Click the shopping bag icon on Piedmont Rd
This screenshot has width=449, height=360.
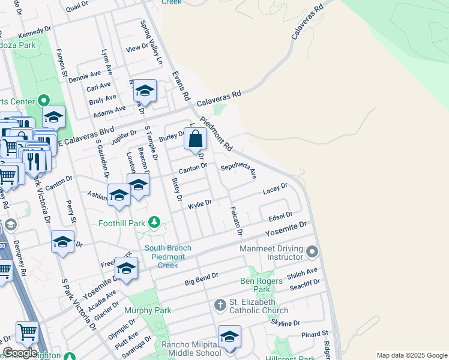[x=196, y=139]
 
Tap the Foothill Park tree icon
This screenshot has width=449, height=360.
[x=154, y=223]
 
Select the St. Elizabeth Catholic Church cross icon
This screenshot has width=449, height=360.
[x=220, y=306]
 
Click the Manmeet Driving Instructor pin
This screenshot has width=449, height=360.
[x=312, y=252]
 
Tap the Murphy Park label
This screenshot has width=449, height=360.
[x=148, y=310]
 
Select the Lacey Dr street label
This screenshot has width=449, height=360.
[x=276, y=190]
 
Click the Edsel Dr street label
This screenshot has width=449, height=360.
[x=280, y=215]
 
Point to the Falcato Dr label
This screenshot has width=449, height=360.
[x=235, y=220]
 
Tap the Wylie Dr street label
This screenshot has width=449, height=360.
[x=200, y=203]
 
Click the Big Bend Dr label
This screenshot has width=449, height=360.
[x=200, y=280]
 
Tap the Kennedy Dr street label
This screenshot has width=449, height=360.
[x=35, y=30]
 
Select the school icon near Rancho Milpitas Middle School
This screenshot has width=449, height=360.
[x=229, y=338]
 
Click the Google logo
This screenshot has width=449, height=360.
[x=20, y=353]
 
